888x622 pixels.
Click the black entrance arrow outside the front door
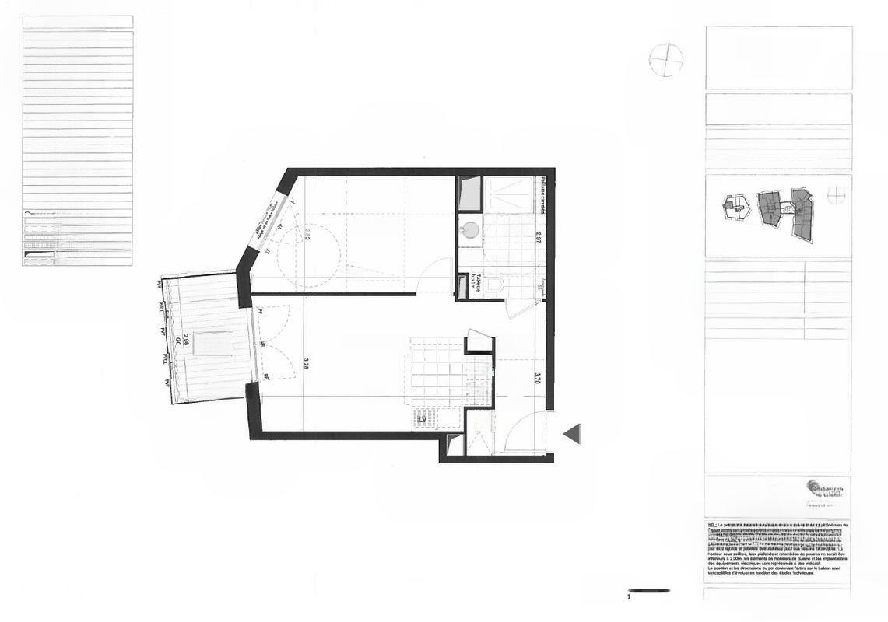point(572,434)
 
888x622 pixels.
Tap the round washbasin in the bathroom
point(469,229)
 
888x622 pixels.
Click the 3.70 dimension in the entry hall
point(538,379)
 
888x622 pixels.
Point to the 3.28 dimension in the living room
point(307,363)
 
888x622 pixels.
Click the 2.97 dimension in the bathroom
point(538,238)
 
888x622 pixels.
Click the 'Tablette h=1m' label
point(475,283)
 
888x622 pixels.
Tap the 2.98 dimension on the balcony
point(186,340)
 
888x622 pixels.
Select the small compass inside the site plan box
point(835,194)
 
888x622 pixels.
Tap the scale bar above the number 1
point(648,591)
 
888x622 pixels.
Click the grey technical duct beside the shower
point(470,194)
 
